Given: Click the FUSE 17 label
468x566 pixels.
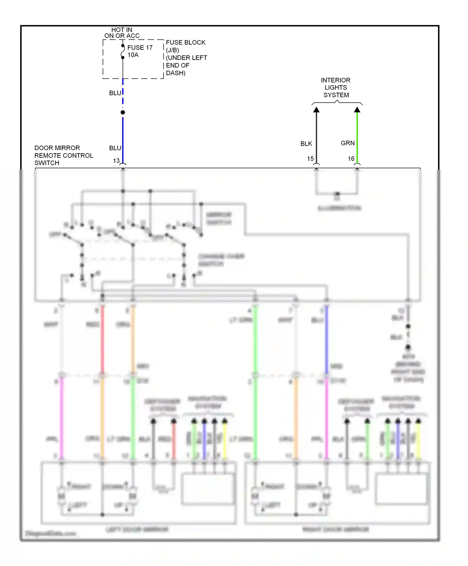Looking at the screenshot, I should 140,48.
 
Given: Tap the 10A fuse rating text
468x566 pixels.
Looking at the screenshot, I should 133,55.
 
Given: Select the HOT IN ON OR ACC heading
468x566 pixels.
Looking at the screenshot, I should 122,33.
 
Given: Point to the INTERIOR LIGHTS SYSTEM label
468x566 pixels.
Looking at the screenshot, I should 336,88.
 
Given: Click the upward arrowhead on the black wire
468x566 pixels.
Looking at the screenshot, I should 316,110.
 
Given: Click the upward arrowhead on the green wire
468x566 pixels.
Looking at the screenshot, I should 357,110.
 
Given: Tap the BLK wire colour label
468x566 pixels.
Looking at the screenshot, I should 306,144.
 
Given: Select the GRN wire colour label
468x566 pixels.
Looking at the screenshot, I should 348,143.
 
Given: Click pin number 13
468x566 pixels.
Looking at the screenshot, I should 116,161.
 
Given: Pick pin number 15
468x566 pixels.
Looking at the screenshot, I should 310,159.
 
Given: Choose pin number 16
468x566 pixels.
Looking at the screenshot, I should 351,159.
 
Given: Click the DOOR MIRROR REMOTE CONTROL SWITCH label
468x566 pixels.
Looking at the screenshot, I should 64,155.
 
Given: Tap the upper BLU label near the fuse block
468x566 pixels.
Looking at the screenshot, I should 115,93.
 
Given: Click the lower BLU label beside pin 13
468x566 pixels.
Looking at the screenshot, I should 115,148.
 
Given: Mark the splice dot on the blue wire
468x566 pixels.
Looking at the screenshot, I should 123,112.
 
